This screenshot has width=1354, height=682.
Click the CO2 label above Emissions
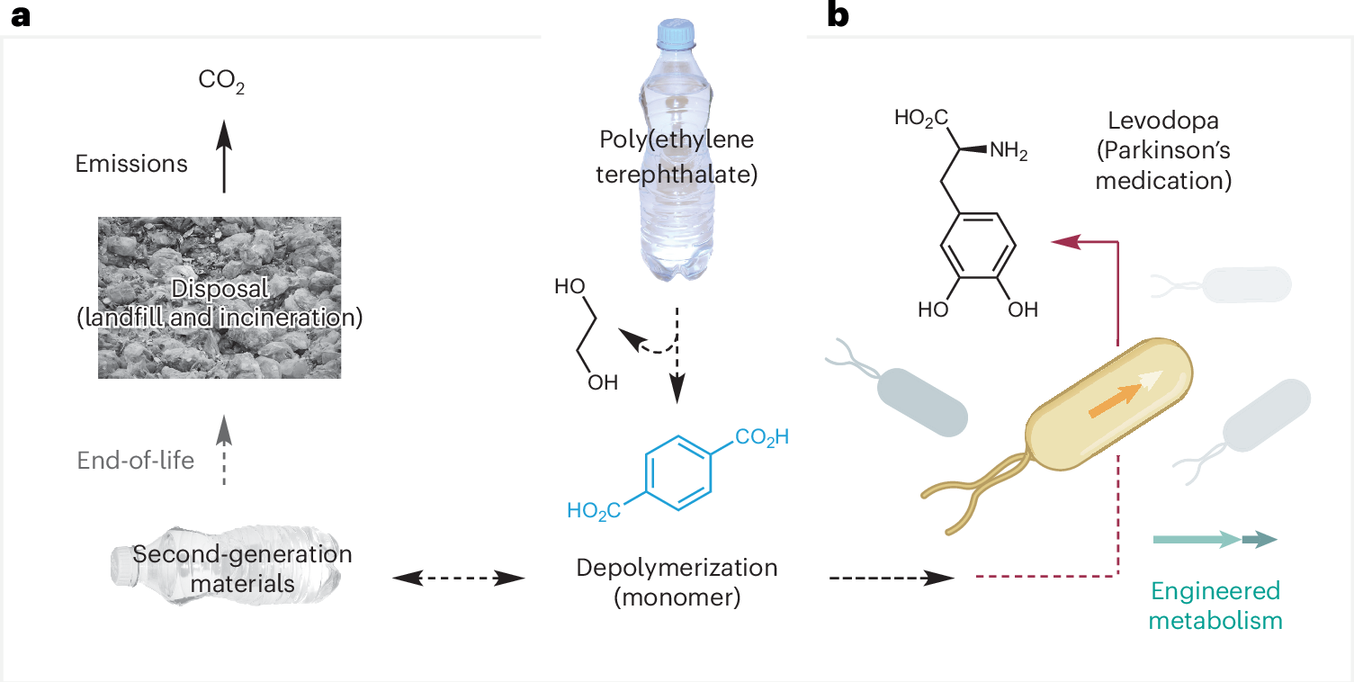tap(221, 83)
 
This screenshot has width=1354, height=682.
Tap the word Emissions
tap(131, 164)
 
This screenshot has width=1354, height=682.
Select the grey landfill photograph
tap(220, 297)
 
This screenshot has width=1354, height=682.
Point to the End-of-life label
tap(136, 461)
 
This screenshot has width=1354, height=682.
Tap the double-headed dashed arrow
tap(459, 579)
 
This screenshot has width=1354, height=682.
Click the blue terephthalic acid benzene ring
tap(677, 477)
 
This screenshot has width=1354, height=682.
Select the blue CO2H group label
tap(762, 438)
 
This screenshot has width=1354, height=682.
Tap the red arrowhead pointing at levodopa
tap(1065, 241)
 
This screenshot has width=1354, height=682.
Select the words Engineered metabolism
tap(1215, 606)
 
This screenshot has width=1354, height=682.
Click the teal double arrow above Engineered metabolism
tap(1215, 540)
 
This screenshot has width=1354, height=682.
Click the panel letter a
tap(20, 15)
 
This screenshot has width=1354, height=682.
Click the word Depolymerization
tap(677, 569)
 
